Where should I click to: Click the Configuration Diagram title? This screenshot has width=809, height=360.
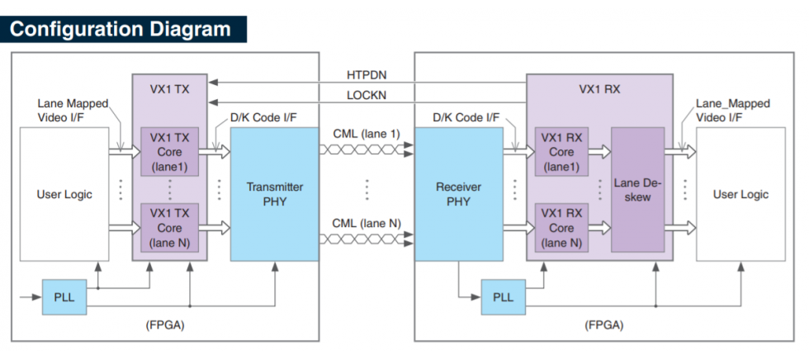(x=120, y=29)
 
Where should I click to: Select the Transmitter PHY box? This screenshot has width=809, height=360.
(x=275, y=194)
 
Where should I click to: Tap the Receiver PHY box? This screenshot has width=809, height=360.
(x=458, y=194)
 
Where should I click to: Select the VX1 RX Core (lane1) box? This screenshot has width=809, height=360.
(x=561, y=153)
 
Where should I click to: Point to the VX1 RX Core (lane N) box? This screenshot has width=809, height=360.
(x=561, y=227)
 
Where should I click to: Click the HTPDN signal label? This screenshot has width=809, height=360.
(x=367, y=74)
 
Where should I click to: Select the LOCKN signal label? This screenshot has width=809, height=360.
(x=367, y=96)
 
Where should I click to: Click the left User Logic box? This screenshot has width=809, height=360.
(x=64, y=195)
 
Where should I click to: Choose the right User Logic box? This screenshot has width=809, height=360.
(x=740, y=195)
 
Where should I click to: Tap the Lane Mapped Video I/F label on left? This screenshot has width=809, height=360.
(x=73, y=111)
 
